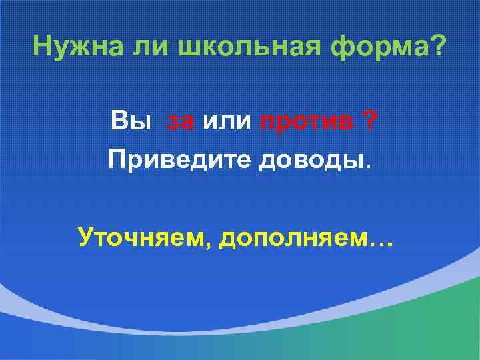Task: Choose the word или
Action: (227, 123)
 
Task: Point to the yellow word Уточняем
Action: (139, 235)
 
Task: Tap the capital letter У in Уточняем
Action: (85, 235)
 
